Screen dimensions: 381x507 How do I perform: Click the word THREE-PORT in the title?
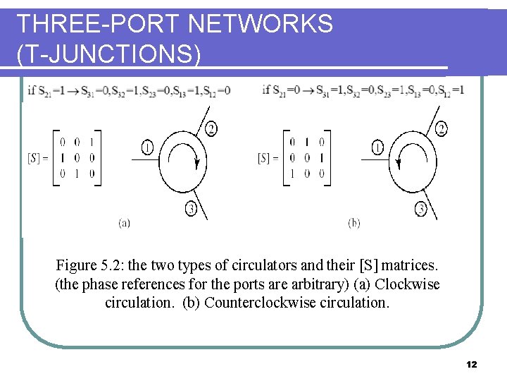coord(96,24)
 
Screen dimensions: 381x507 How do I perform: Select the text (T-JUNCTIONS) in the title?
coord(108,54)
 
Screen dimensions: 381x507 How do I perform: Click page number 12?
coord(471,364)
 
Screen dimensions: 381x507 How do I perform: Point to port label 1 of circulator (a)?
coord(146,148)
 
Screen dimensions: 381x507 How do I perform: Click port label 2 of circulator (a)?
coord(211,128)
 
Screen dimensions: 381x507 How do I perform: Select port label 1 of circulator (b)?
coord(377,148)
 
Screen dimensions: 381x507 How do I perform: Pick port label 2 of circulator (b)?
coord(441,128)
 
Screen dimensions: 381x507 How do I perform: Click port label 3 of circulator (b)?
coord(421,208)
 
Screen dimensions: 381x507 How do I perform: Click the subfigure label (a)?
coord(124,223)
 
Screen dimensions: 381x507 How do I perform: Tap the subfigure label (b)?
coord(354,223)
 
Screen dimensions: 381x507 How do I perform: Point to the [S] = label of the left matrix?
coord(38,157)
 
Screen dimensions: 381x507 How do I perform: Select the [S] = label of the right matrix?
coord(268,157)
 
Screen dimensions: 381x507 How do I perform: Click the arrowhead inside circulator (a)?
coord(198,163)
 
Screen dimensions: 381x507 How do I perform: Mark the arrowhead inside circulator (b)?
coord(398,163)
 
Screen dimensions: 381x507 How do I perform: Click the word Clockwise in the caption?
coord(407,284)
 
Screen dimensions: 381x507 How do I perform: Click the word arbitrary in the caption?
coord(306,284)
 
